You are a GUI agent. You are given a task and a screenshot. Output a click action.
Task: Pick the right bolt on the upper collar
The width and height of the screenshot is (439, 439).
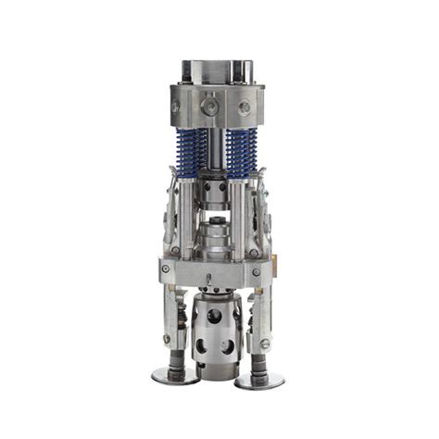[245, 108]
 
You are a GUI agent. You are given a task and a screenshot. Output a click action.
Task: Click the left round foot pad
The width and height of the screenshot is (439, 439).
[175, 376]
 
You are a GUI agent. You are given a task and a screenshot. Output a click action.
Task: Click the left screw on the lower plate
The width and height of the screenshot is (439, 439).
[165, 270]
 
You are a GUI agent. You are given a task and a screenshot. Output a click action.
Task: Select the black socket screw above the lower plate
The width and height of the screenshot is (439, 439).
[216, 251]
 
